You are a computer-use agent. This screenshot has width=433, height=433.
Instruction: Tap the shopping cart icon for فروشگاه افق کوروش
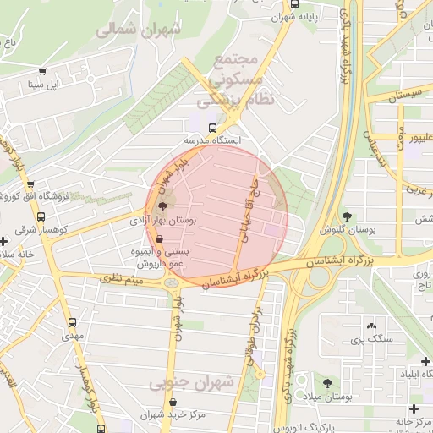[x=31, y=184]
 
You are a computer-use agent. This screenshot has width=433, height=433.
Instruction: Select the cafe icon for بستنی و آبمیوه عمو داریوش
[x=159, y=239]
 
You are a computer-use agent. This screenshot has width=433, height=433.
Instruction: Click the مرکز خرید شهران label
[x=162, y=414]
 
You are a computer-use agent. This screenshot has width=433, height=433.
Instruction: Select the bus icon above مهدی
[x=71, y=322]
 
